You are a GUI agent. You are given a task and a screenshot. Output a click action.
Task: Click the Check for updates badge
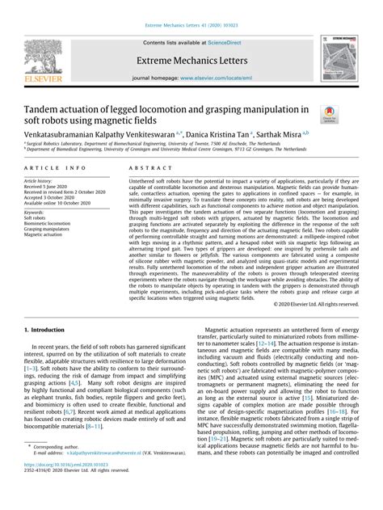(331, 116)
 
